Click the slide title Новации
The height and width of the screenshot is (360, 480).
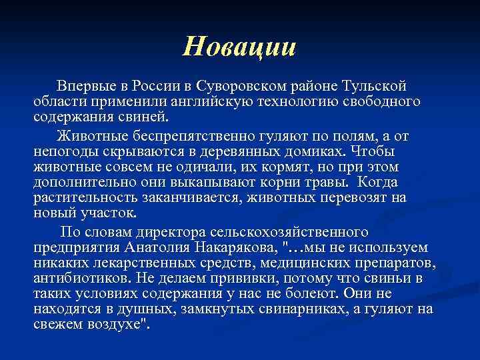click(x=239, y=46)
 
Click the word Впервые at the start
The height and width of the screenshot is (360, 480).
click(x=84, y=87)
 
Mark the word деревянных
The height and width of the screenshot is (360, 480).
click(x=259, y=151)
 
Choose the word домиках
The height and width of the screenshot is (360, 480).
click(x=326, y=151)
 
